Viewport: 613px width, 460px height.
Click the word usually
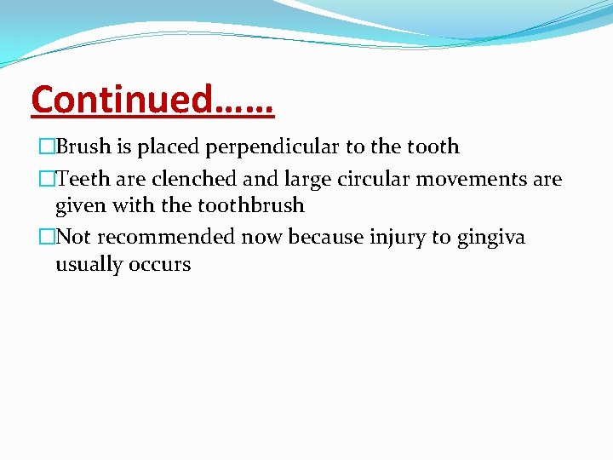88,265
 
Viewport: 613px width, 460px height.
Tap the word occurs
159,265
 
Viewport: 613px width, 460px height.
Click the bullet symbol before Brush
47,147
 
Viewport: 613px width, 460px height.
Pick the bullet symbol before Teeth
47,180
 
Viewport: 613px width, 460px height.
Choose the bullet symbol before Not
47,237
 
